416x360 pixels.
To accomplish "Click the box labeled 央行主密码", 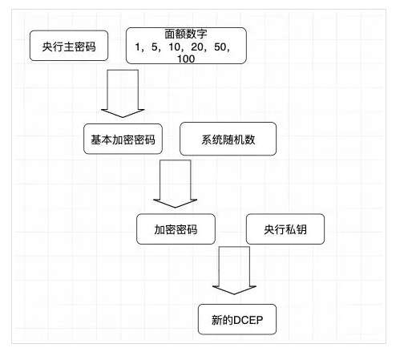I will (x=68, y=47).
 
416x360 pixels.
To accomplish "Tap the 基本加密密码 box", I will (x=123, y=139).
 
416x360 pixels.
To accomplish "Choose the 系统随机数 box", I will (x=228, y=139).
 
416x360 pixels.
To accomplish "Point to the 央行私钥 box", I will (x=285, y=229).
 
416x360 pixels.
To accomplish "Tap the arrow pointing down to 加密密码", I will (x=175, y=184).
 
